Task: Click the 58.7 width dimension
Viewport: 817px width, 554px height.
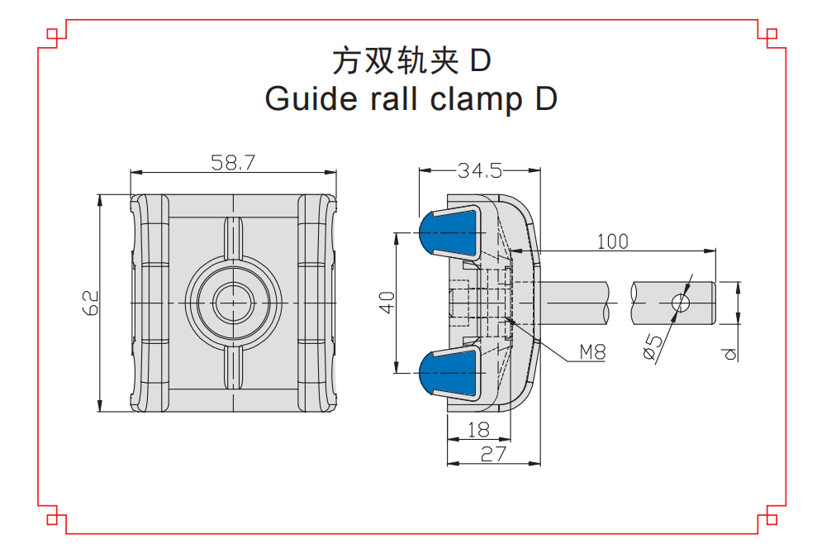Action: pos(232,162)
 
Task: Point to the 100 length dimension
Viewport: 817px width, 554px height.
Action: pos(612,241)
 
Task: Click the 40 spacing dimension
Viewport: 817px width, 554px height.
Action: pos(386,303)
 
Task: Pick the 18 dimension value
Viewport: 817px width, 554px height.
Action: pos(477,429)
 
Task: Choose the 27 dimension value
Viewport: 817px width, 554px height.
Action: pos(492,453)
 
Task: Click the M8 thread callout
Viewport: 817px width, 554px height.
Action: pos(591,352)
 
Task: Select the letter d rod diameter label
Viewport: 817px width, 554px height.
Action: pos(728,354)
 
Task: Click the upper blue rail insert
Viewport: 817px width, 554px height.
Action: pos(449,232)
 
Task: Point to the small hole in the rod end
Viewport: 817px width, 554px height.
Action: pos(681,303)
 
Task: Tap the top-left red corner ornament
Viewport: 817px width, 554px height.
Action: pos(55,36)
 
